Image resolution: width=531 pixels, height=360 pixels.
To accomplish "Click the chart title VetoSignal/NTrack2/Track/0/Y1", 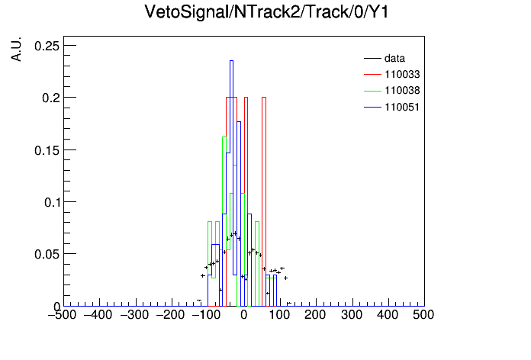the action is (x=266, y=12).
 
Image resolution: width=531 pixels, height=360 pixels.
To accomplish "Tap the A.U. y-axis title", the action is (x=16, y=49).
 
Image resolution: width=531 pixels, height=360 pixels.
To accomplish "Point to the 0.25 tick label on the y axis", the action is (x=47, y=46).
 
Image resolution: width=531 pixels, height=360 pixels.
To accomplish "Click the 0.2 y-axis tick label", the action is (x=50, y=98).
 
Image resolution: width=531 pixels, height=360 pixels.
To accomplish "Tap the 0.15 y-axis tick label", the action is (x=47, y=150).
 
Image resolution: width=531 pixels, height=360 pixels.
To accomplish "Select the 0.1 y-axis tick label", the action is (x=51, y=202).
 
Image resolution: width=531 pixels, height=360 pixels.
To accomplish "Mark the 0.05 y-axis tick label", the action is (x=47, y=254).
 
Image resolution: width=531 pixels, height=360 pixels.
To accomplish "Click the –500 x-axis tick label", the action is (x=63, y=315).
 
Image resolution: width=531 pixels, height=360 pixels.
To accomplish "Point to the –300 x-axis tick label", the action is (x=134, y=315).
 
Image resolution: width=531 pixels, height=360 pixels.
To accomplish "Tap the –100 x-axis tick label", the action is (x=206, y=315).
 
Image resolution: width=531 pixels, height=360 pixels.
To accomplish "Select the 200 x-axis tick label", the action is (x=315, y=315).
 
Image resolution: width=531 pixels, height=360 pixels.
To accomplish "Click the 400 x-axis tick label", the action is (x=388, y=315).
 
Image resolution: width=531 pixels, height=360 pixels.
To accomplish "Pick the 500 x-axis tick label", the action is (x=423, y=315).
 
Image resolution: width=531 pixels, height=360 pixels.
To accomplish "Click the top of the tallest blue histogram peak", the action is (x=232, y=61).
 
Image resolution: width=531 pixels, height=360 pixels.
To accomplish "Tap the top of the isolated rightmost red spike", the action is (x=264, y=98).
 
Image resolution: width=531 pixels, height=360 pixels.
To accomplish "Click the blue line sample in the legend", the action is (x=372, y=108).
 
